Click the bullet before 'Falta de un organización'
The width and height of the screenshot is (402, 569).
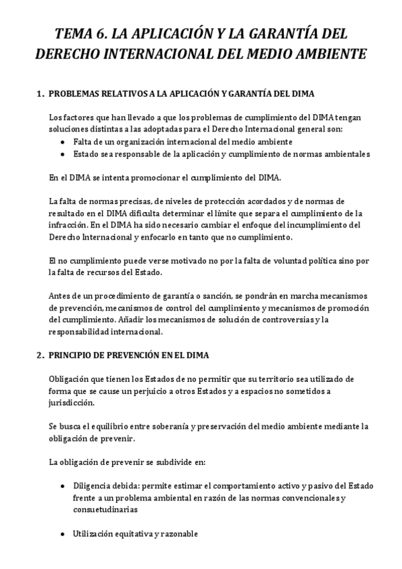(x=63, y=142)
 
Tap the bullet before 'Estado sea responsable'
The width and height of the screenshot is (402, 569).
(x=63, y=154)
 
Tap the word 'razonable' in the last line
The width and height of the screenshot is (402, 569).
(x=176, y=533)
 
